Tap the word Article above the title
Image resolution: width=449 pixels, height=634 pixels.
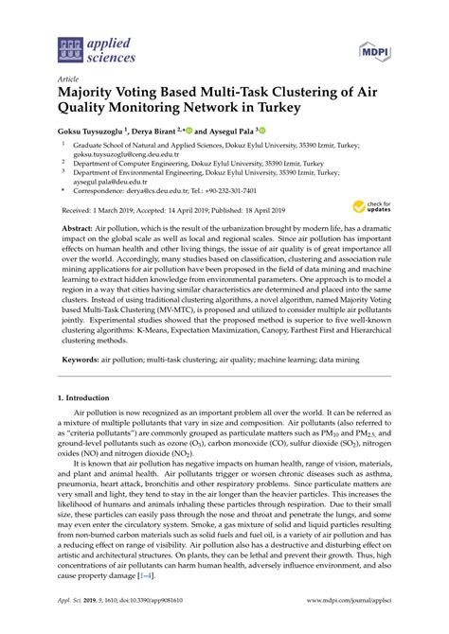[68, 79]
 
